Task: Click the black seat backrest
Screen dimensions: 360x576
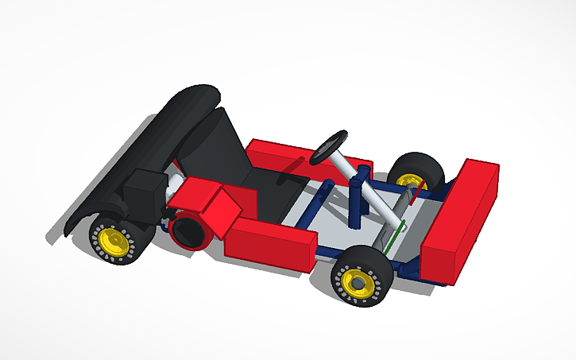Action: pos(222,147)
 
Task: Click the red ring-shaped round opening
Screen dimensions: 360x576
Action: pos(187,230)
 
